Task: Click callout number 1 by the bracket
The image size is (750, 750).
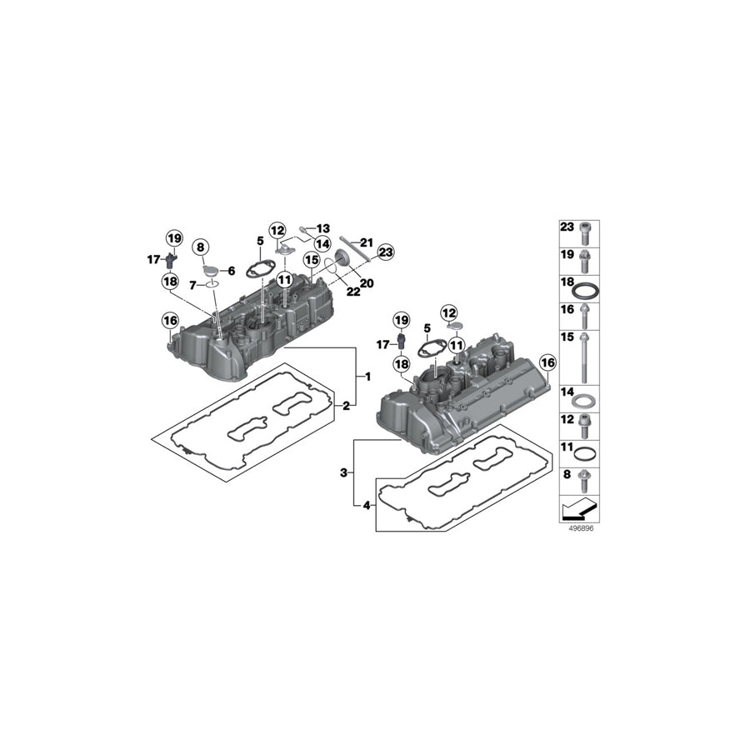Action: click(x=367, y=377)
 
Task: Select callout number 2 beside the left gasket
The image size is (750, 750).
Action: click(x=347, y=407)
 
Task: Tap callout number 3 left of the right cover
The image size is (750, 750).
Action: click(x=343, y=473)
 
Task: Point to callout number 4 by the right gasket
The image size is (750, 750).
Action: click(x=367, y=505)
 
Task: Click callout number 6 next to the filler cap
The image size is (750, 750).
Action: click(x=232, y=271)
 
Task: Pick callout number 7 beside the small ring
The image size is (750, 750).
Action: click(x=192, y=286)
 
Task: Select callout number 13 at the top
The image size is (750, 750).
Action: click(x=323, y=228)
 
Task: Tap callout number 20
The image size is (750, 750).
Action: click(x=367, y=283)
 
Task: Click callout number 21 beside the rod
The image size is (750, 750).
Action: click(x=367, y=242)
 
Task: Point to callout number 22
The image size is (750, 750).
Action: click(x=353, y=292)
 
